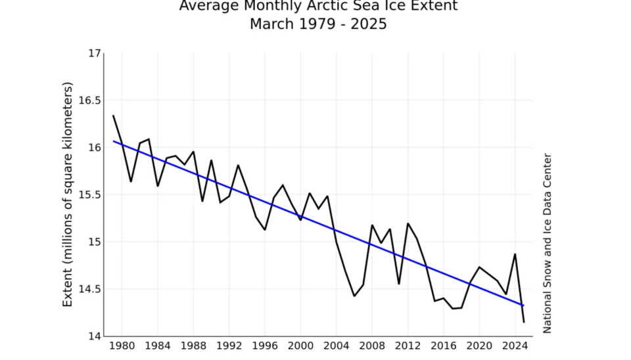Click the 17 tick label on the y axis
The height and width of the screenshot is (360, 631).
point(95,53)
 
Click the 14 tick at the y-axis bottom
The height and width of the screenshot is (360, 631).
point(95,336)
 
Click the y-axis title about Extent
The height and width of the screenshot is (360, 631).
point(68,194)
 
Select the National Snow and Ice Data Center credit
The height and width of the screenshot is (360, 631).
point(547,243)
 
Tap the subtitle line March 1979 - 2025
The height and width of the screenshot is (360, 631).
point(318,24)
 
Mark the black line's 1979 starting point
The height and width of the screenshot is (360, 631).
point(113,116)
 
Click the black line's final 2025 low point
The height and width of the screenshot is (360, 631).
point(524,322)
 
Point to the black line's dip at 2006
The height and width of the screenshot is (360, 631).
point(354,296)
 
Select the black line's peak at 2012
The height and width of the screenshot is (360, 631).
point(408,223)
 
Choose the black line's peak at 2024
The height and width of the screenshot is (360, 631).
point(515,254)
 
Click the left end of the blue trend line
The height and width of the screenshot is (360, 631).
point(113,141)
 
